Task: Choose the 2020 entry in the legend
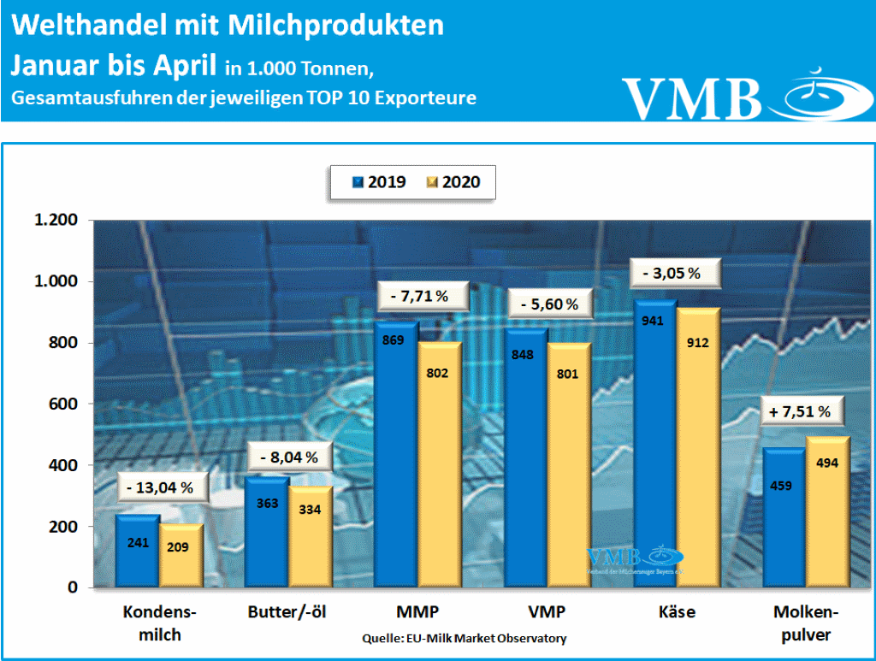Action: [453, 182]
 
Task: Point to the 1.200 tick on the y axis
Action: [56, 221]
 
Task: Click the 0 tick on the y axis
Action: [74, 588]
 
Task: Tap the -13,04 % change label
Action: [160, 487]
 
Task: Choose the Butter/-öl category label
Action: [287, 612]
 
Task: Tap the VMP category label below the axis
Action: [547, 612]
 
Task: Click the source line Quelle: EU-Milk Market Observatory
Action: [464, 638]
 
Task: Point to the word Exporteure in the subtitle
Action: [426, 97]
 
